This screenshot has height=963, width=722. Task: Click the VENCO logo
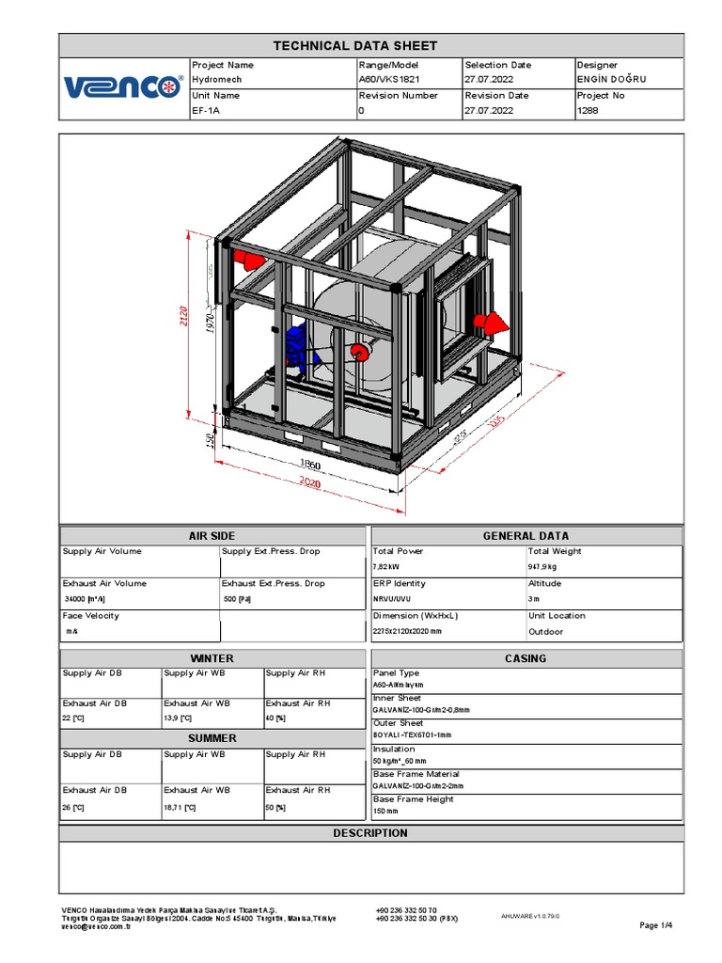coord(123,87)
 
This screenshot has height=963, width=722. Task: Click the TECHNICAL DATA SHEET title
coord(354,45)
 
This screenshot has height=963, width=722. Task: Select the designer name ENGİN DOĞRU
coord(612,80)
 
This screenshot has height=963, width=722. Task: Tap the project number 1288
coord(587,110)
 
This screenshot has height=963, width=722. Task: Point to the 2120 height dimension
coord(185,316)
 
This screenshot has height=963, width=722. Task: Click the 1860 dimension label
coord(310,464)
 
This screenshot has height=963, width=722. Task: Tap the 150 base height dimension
coord(211,439)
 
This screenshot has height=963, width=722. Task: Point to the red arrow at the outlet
coord(492,323)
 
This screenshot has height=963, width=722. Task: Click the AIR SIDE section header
coord(212,536)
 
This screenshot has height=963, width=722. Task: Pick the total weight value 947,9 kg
coord(542,567)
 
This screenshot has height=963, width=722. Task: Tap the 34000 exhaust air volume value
coord(86,599)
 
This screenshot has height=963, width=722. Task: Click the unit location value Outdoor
coord(546,631)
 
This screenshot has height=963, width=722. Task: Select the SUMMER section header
coord(212,738)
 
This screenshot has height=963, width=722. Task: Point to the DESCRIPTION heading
coord(370,833)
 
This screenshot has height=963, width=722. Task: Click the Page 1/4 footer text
coord(656,925)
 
